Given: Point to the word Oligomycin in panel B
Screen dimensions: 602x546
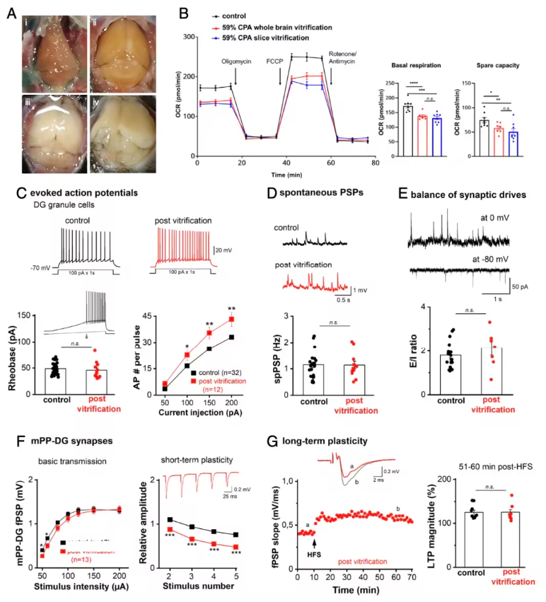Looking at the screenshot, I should click(x=236, y=62).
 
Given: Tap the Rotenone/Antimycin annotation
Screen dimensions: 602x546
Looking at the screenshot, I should click(x=347, y=58).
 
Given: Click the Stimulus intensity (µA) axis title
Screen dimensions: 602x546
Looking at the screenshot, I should click(x=82, y=586).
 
